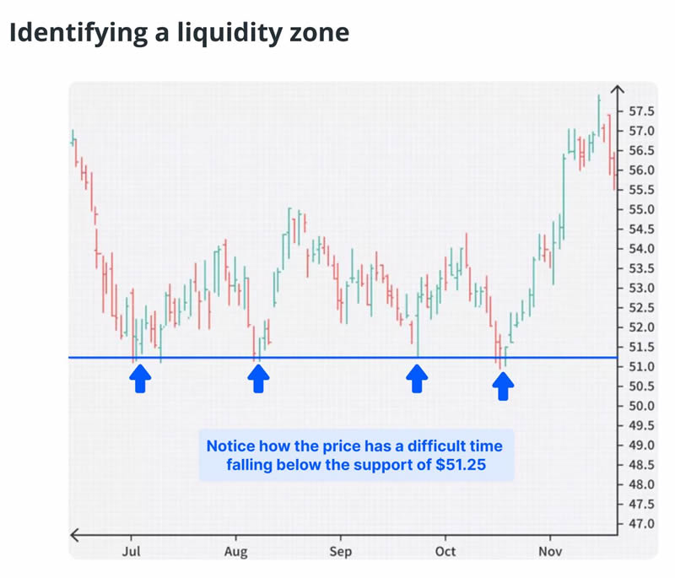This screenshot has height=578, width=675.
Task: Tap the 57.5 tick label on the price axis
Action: point(642,111)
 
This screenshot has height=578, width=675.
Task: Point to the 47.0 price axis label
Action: point(642,524)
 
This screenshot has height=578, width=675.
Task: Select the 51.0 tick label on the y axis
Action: point(642,367)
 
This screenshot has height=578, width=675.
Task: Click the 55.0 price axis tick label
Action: point(642,209)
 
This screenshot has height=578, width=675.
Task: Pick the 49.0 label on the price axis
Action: point(642,446)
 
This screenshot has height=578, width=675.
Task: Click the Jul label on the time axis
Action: point(131,552)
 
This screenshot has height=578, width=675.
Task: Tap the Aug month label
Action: point(235,552)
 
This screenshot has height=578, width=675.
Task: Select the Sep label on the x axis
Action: point(340,552)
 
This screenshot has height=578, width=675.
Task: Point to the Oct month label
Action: point(445,552)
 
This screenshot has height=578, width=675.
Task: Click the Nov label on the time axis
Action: point(549,552)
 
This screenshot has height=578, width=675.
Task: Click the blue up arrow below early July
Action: point(140,379)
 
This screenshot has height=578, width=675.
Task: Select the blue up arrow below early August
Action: point(258,379)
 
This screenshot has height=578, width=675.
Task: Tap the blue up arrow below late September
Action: point(416,379)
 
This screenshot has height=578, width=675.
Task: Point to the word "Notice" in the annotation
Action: point(233,446)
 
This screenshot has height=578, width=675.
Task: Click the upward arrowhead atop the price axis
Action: point(618,89)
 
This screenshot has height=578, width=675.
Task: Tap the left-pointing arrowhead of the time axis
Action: point(74,534)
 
